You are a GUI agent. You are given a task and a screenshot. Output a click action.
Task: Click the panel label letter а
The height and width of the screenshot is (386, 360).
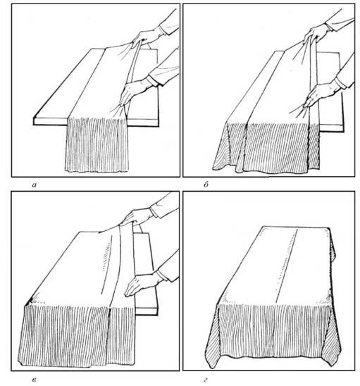34,185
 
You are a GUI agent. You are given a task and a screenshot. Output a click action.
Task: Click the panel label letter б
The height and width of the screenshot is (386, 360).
206,185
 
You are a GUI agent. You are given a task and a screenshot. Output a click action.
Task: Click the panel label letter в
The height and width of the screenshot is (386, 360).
35,380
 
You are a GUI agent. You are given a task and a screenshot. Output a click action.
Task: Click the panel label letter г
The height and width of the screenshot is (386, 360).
206,380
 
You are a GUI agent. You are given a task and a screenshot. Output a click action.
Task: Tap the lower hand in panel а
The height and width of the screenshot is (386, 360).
134,92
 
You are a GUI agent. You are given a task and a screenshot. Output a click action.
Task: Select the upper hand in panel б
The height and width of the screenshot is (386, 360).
317,32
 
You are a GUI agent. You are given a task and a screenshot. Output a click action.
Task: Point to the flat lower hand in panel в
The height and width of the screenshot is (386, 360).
142,285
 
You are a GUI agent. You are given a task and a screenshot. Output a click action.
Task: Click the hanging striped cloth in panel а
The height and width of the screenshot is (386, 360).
97,145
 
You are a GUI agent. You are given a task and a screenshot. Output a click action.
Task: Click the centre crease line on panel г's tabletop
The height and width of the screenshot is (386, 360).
287,266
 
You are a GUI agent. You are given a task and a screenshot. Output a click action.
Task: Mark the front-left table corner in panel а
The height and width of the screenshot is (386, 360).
34,118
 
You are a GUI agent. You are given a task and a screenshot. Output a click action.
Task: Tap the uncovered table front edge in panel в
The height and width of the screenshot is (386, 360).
147,311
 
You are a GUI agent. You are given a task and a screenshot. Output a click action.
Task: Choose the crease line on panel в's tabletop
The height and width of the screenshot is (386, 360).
107,265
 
